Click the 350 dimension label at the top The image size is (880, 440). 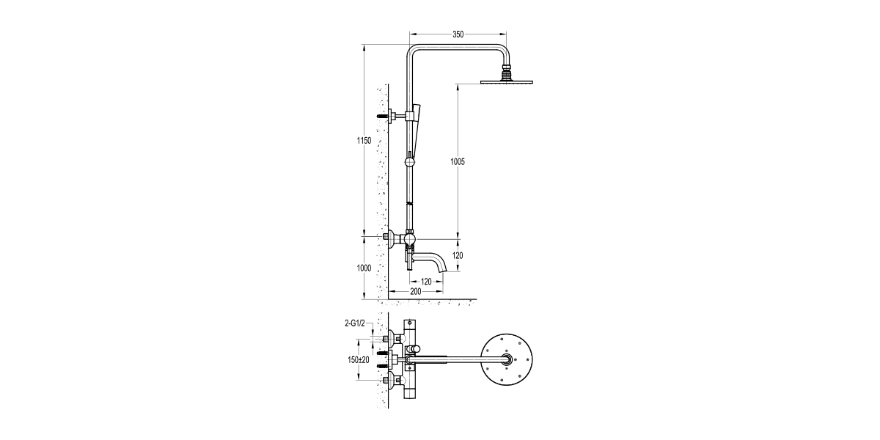pyautogui.click(x=458, y=34)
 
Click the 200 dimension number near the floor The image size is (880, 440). pyautogui.click(x=416, y=292)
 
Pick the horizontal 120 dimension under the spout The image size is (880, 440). pyautogui.click(x=427, y=282)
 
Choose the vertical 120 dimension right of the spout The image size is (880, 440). pyautogui.click(x=458, y=255)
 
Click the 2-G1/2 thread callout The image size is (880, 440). pyautogui.click(x=355, y=323)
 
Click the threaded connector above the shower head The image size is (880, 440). pyautogui.click(x=505, y=72)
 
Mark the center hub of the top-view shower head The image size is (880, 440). pyautogui.click(x=506, y=359)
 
